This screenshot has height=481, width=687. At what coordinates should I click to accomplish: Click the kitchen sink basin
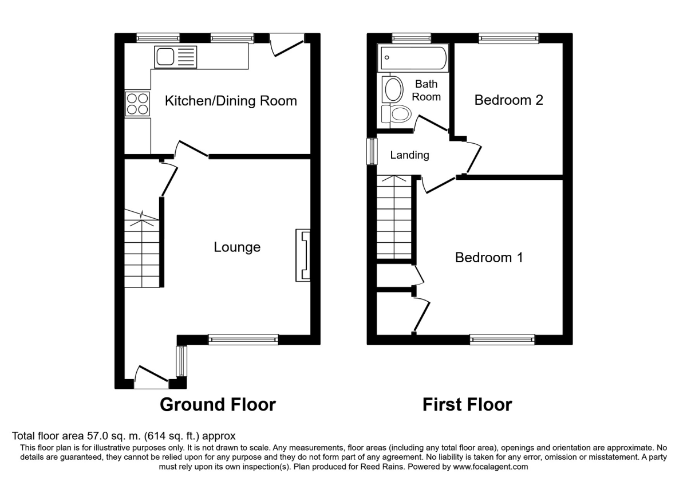pos(165,57)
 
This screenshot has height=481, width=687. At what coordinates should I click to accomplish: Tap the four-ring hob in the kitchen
pos(137,104)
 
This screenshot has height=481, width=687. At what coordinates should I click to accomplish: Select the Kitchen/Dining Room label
pos(231,101)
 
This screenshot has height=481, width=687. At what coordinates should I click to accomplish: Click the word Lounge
pos(237,247)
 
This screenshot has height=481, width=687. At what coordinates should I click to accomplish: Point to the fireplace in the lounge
pos(303,255)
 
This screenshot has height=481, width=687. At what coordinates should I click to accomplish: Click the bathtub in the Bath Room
pos(413,58)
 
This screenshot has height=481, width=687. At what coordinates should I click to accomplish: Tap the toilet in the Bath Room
pos(397,114)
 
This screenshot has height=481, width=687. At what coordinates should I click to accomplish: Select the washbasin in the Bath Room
pos(393,89)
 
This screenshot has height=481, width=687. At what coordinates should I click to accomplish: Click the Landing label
pos(409,155)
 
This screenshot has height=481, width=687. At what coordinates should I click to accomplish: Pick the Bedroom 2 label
pos(509,100)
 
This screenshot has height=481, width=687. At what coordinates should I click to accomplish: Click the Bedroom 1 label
pos(489,257)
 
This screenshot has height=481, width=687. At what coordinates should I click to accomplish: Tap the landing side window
pos(372,152)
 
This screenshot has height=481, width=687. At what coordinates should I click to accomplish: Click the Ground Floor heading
pos(218,404)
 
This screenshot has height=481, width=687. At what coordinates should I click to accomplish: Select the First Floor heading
pos(467,404)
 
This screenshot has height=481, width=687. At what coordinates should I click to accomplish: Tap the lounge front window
pos(243,340)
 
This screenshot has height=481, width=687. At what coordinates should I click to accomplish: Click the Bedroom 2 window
pos(508,38)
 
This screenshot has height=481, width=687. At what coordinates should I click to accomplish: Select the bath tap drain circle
pos(387,57)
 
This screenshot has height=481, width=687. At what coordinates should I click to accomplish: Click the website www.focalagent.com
pos(491,467)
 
